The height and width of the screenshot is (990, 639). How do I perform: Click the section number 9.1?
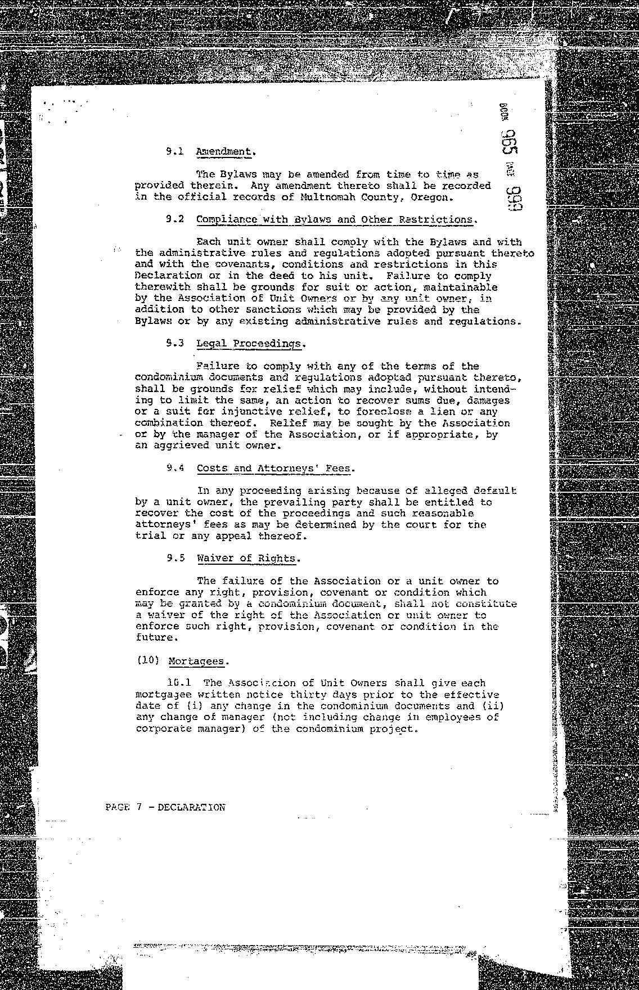(174, 151)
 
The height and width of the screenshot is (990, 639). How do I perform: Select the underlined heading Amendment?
(223, 151)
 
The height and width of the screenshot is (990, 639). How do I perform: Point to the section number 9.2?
(174, 219)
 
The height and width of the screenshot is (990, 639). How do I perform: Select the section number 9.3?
(175, 343)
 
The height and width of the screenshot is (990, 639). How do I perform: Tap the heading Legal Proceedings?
(249, 344)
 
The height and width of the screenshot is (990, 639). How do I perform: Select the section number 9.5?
(175, 559)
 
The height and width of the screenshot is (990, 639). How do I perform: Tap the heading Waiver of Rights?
(246, 559)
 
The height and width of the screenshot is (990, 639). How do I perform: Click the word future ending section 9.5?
(154, 637)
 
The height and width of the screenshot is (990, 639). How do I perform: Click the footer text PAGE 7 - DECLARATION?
(165, 807)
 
